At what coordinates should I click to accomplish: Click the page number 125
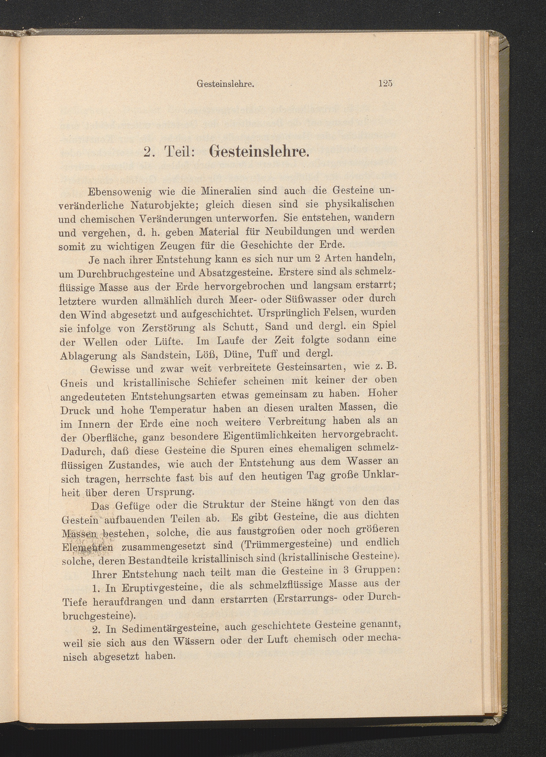pos(385,84)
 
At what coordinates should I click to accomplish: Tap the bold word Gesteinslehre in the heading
pos(258,152)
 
